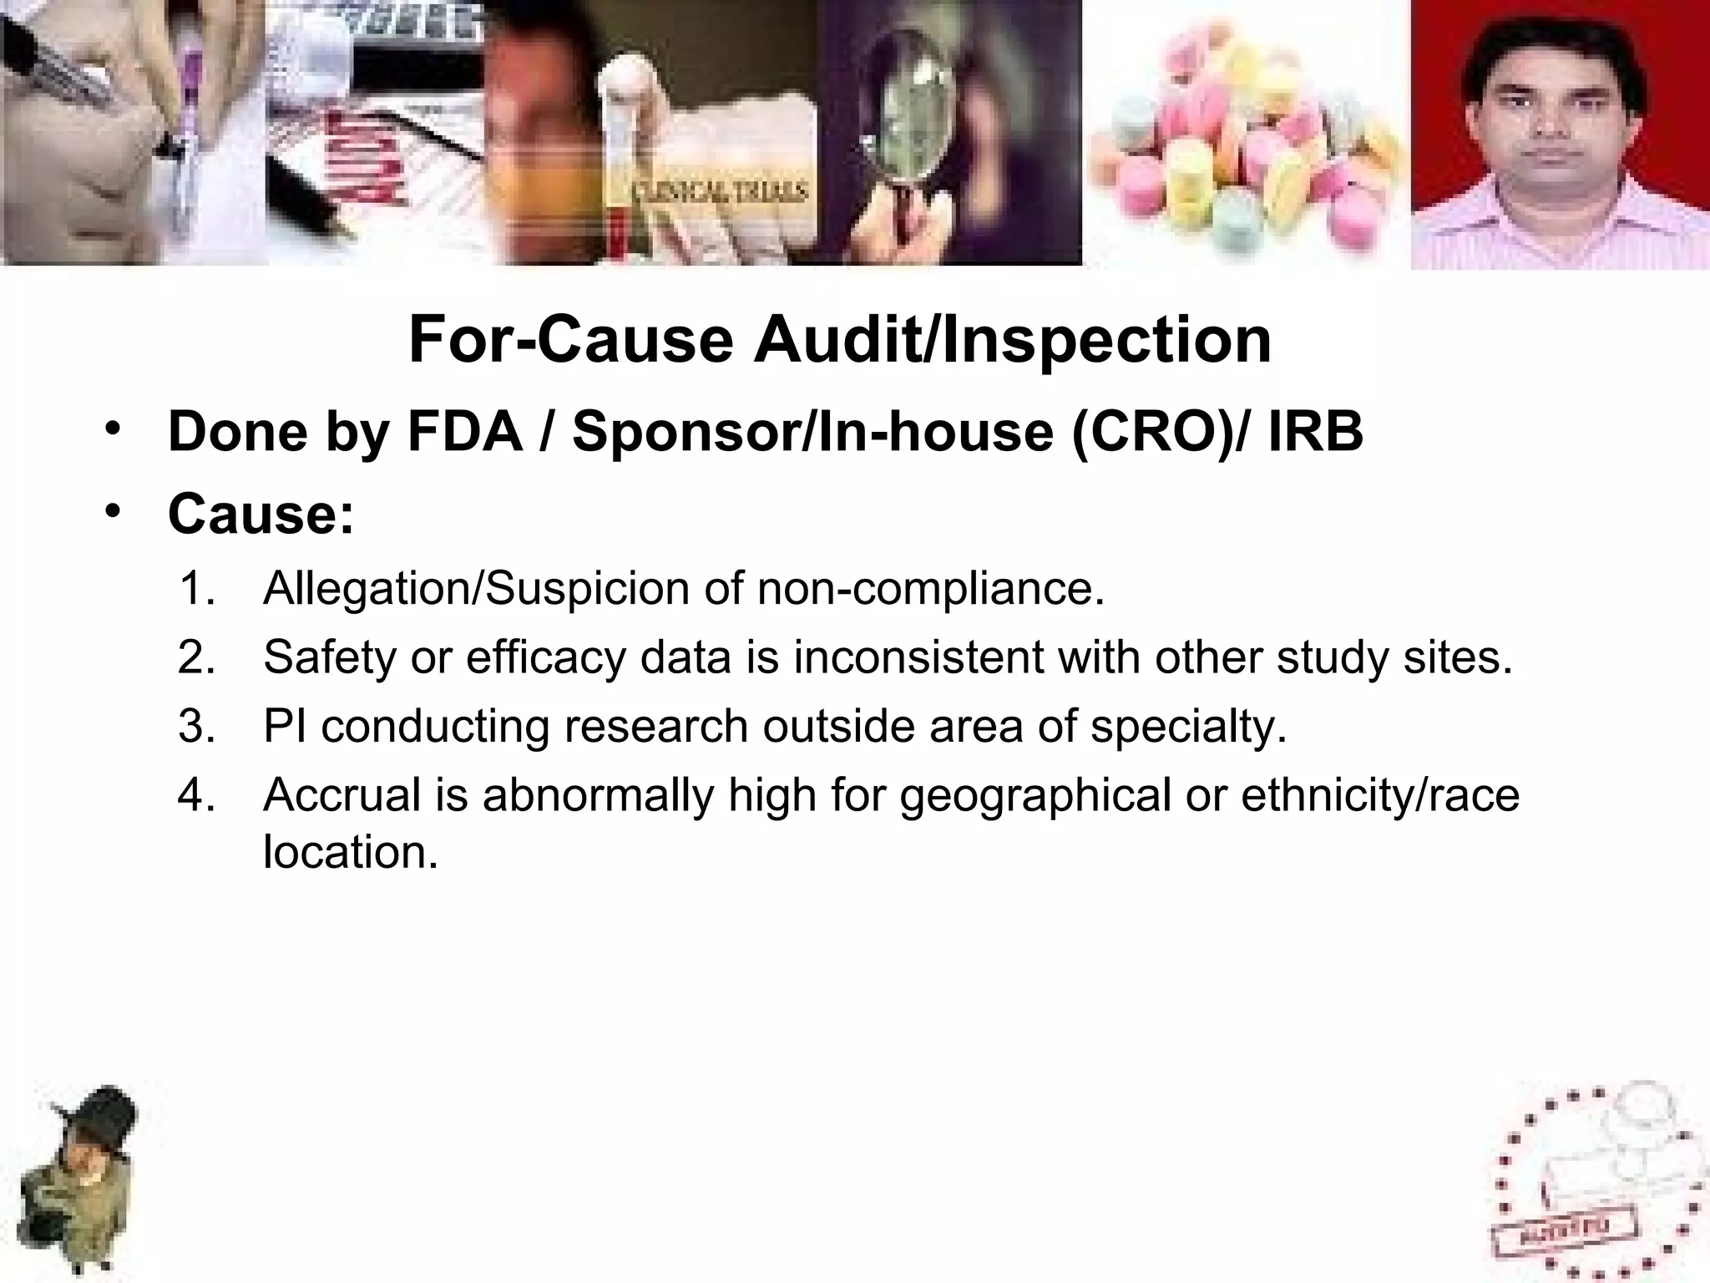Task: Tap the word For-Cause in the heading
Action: coord(571,341)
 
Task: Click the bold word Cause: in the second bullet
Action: coord(261,514)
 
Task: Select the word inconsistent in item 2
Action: coord(918,657)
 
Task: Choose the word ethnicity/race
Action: coord(1379,794)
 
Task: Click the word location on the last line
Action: coord(350,853)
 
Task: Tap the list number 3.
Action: coord(196,726)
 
